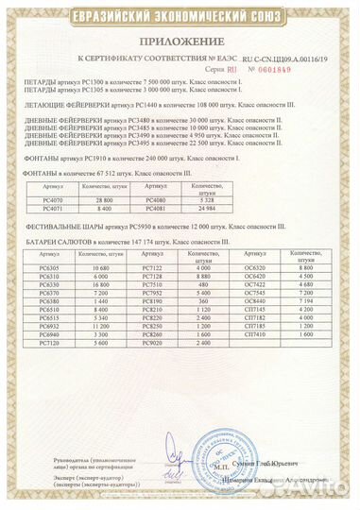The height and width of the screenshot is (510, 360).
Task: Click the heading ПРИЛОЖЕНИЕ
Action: pos(179,42)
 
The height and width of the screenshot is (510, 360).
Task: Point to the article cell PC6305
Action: pos(52,270)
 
